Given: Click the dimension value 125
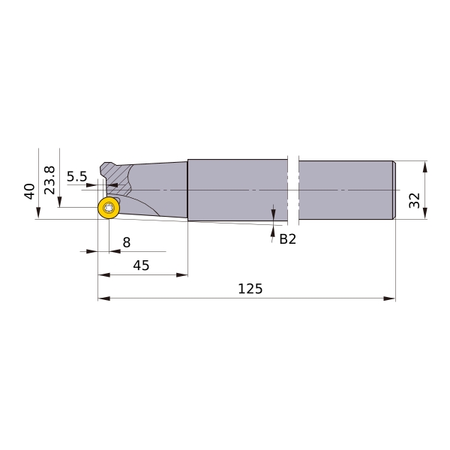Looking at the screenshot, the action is tap(250, 289).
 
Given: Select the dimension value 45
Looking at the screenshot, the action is tap(141, 265).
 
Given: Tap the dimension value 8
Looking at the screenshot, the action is tap(127, 242).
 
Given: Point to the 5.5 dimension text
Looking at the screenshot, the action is tap(76, 176).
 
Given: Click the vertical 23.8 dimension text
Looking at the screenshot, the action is tap(49, 180).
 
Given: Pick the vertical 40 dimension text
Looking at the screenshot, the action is tap(29, 191).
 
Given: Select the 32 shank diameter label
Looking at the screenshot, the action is tap(415, 200).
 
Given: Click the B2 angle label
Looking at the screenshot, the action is tap(287, 238).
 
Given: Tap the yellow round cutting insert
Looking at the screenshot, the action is tap(109, 208).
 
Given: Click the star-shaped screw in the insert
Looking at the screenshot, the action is tap(109, 208).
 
